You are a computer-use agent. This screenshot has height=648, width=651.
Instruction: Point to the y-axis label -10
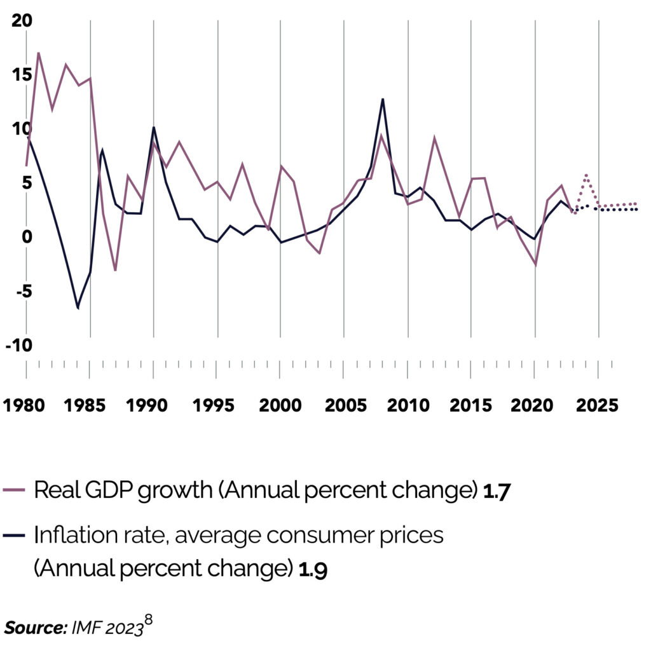coord(18,345)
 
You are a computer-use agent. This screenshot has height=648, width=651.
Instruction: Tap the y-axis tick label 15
coord(21,75)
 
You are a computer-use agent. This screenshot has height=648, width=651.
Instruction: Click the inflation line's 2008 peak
coord(383,99)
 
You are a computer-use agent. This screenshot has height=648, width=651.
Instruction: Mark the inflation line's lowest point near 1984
coord(78,308)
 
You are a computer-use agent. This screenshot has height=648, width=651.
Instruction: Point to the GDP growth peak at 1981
coord(39,53)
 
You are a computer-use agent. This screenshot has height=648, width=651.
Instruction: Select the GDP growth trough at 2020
coord(535,264)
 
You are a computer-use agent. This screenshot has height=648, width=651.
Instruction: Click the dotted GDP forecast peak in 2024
coord(586,175)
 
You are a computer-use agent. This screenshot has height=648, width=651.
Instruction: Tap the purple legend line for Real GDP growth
coord(15,490)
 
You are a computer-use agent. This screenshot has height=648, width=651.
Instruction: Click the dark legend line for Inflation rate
coord(15,535)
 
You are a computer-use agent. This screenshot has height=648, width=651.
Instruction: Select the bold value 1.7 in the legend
coord(497,492)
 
